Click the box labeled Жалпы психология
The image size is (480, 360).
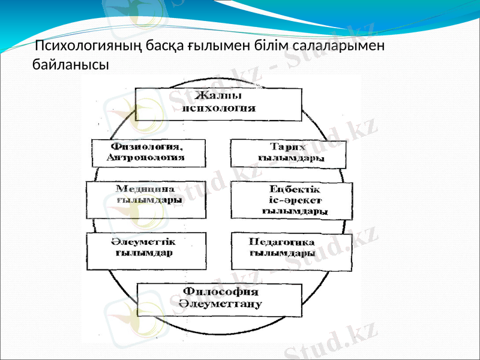pyautogui.click(x=218, y=104)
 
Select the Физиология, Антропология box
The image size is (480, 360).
pyautogui.click(x=148, y=153)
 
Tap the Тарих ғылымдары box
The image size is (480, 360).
pyautogui.click(x=289, y=153)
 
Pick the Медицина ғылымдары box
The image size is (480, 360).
pyautogui.click(x=146, y=200)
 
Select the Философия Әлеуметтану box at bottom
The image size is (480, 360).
pyautogui.click(x=219, y=299)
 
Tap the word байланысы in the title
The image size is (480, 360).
pyautogui.click(x=71, y=63)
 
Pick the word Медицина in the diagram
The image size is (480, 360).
pyautogui.click(x=145, y=188)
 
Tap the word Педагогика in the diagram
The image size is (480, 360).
pyautogui.click(x=282, y=242)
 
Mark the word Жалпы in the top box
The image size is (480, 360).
pyautogui.click(x=219, y=97)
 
